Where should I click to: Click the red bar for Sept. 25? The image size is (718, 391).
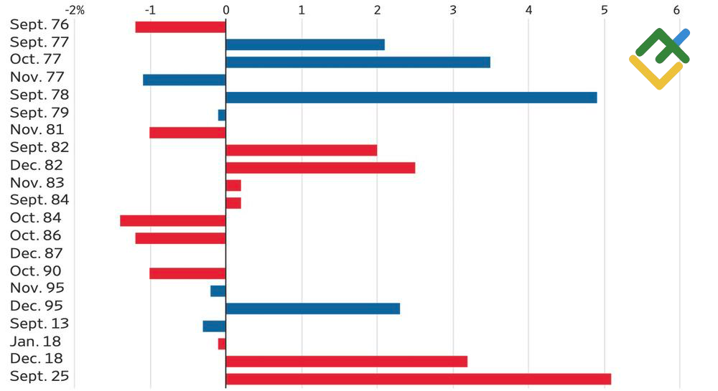click(418, 378)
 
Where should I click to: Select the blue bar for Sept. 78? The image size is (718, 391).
click(411, 98)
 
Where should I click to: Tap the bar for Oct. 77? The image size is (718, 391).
click(358, 62)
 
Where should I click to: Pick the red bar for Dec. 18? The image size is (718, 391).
click(346, 361)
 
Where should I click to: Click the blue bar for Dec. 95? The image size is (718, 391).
click(312, 308)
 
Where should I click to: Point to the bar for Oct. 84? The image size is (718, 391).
click(172, 220)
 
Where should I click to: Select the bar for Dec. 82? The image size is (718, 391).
click(320, 168)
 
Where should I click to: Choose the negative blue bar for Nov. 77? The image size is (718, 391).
click(184, 80)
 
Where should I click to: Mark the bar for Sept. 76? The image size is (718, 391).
click(180, 27)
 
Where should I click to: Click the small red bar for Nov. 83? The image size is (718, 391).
click(233, 185)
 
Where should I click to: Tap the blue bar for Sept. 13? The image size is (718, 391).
click(214, 326)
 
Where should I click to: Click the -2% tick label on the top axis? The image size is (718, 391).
click(75, 10)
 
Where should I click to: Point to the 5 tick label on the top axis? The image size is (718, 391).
click(605, 10)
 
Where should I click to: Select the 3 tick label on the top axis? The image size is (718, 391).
click(453, 10)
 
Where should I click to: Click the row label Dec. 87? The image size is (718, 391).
click(37, 253)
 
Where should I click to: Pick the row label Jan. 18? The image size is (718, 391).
click(36, 341)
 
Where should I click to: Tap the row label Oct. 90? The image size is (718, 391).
click(36, 271)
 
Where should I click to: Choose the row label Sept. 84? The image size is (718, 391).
click(39, 200)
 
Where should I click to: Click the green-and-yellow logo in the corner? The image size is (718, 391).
click(659, 59)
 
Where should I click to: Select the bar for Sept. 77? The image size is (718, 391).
click(304, 44)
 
